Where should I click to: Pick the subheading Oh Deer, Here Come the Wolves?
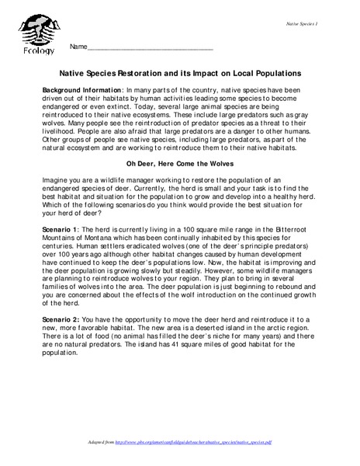(x=179, y=165)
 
